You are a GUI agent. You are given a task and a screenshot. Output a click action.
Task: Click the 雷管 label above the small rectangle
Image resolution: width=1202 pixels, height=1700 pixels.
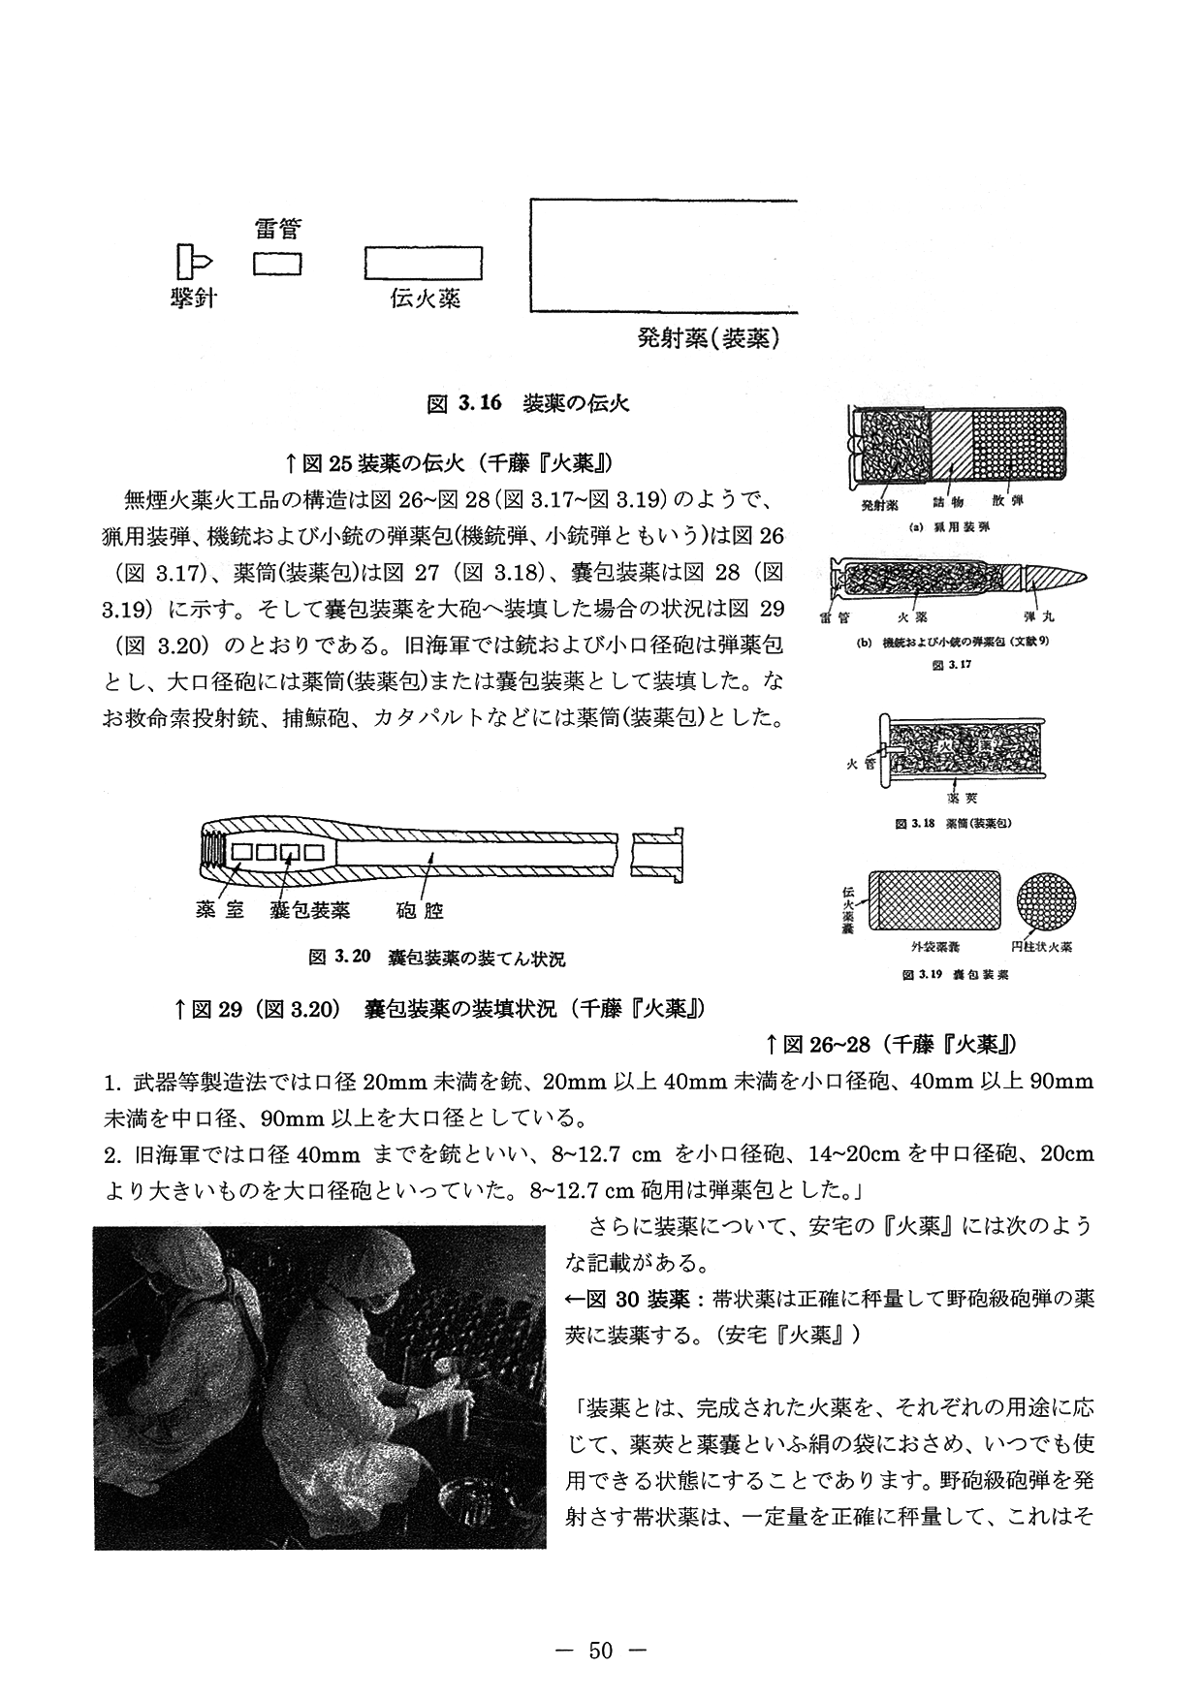point(277,230)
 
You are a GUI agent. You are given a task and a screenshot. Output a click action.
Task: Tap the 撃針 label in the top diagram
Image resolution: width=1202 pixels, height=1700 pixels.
point(193,298)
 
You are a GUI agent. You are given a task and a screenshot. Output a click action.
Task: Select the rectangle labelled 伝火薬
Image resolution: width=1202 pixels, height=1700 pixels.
point(423,264)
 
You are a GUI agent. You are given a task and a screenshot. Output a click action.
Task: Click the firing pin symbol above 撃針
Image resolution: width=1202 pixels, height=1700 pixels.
point(193,261)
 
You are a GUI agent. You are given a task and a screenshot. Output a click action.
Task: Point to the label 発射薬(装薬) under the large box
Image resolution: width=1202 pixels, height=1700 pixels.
point(710,338)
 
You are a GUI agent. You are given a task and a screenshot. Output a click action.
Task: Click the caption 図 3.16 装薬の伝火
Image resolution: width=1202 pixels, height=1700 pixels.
point(528,403)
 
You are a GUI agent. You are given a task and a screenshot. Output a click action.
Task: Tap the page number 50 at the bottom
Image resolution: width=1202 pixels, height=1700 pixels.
point(601,1651)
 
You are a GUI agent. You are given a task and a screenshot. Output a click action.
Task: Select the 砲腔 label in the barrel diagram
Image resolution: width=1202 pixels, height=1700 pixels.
point(421,909)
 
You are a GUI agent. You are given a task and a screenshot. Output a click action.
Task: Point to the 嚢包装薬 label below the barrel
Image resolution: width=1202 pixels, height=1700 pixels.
point(309,909)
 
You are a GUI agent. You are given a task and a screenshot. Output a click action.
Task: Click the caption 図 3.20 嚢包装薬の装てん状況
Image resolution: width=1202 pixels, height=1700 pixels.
point(436,959)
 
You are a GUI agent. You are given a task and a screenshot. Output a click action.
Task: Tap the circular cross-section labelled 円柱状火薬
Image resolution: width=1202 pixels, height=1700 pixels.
point(1047,899)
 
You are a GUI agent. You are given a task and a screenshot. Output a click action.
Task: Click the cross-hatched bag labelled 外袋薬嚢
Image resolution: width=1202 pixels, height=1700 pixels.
point(935,899)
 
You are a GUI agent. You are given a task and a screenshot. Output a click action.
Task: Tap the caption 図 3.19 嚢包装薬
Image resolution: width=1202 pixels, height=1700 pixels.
point(956,974)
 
